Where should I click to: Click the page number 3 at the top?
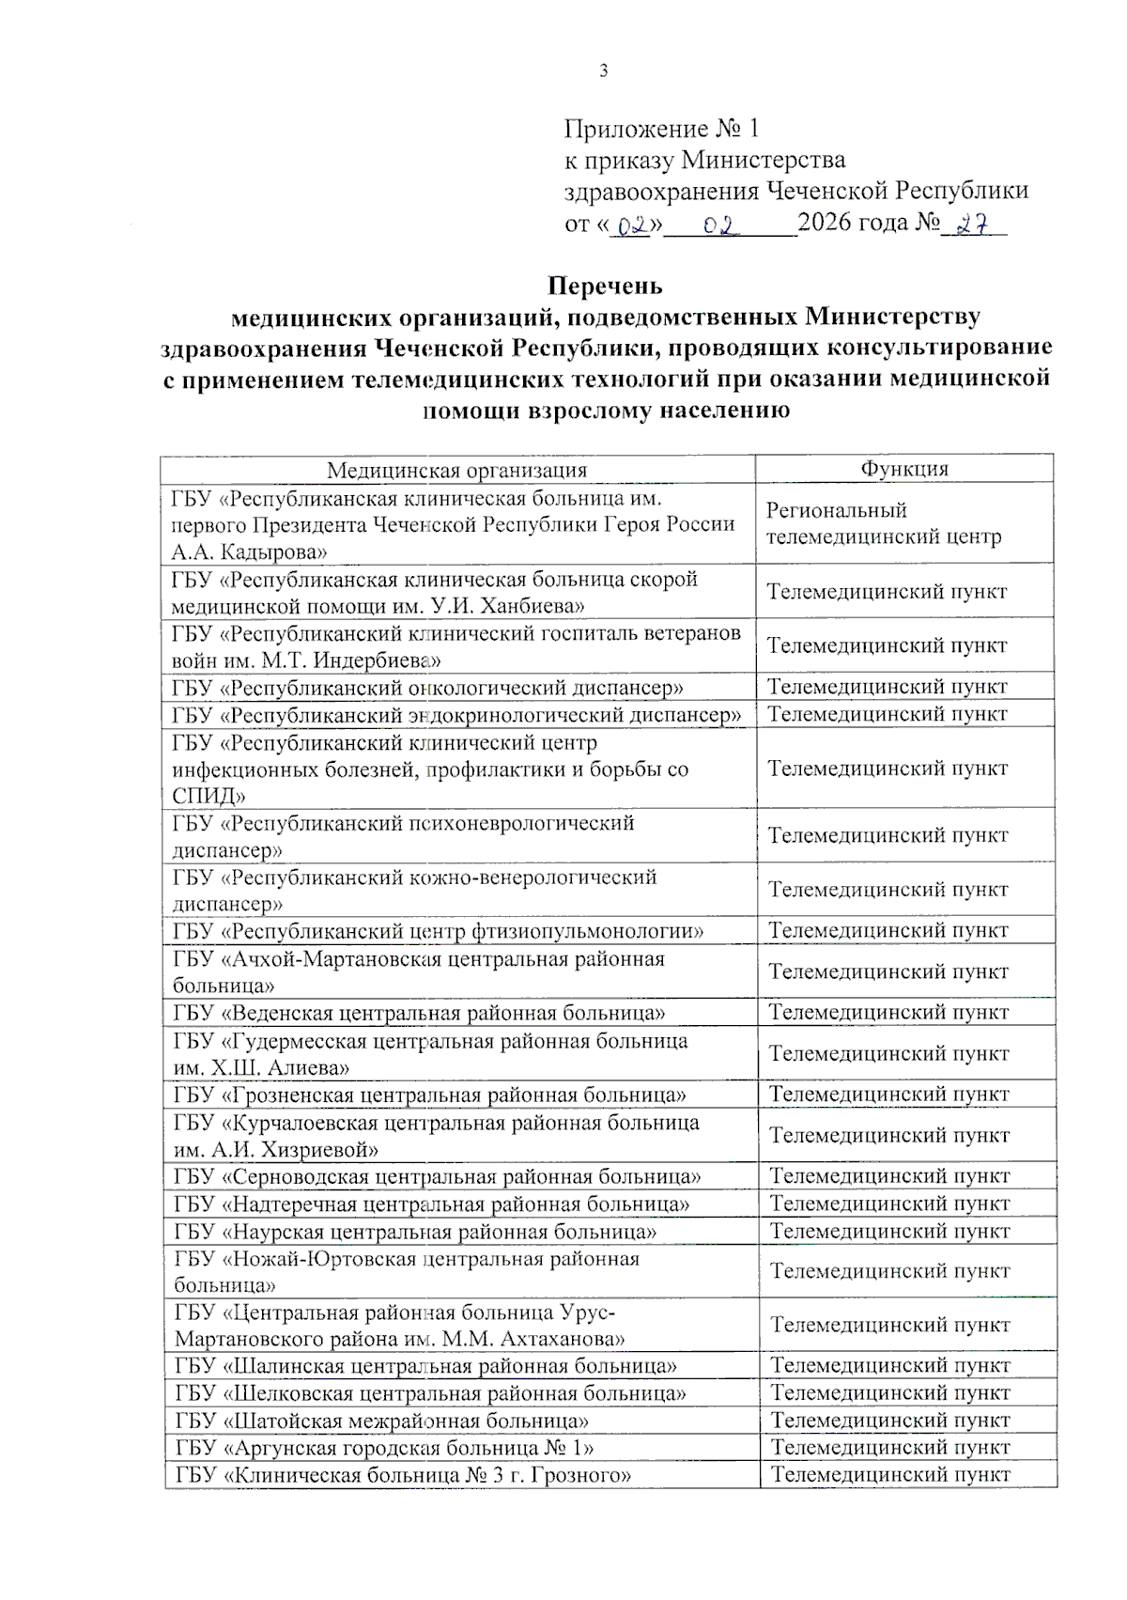point(603,71)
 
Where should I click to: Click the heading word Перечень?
point(605,286)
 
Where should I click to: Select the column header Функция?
point(904,469)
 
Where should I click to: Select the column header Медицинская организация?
point(456,470)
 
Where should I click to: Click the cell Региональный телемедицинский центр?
point(883,523)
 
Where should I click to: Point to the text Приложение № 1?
point(661,129)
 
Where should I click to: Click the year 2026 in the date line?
point(826,223)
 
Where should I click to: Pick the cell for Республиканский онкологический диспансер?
point(427,688)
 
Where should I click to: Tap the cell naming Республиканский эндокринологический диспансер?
point(455,715)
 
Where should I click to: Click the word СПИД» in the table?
point(208,796)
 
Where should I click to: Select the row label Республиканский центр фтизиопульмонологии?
point(438,931)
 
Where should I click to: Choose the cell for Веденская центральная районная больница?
point(419,1013)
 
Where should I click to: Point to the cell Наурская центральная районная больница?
point(415,1231)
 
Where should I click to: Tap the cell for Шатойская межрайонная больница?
point(381,1421)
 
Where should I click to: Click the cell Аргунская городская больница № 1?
point(384,1448)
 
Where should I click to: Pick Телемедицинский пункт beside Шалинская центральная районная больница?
point(889,1365)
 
